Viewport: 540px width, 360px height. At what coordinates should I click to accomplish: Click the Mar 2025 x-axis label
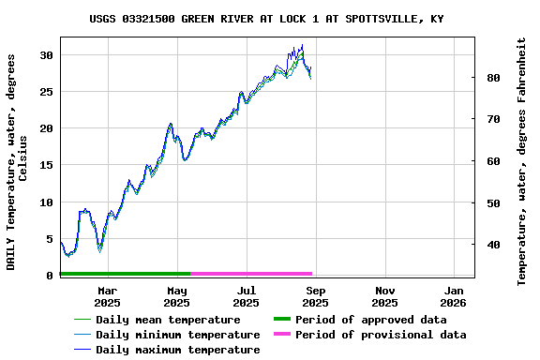pyautogui.click(x=107, y=296)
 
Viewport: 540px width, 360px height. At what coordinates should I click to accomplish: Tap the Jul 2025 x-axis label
pyautogui.click(x=246, y=296)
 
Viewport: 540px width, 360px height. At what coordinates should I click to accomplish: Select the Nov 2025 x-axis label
pyautogui.click(x=384, y=296)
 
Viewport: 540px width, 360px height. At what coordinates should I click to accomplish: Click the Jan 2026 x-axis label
pyautogui.click(x=454, y=296)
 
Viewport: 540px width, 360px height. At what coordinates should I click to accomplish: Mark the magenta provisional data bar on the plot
pyautogui.click(x=251, y=274)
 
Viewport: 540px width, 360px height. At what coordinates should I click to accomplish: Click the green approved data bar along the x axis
pyautogui.click(x=125, y=274)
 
